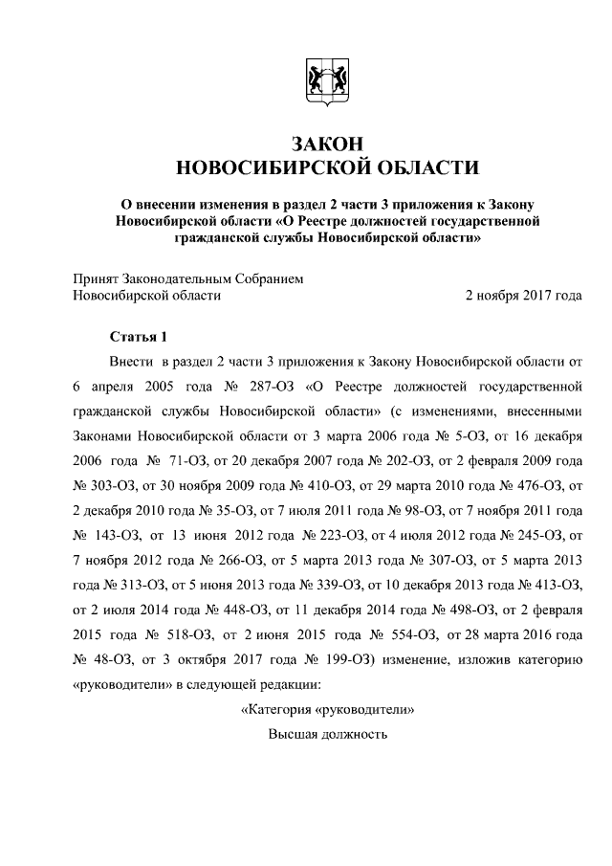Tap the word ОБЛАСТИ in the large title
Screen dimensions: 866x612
(421, 168)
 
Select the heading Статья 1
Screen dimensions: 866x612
(138, 337)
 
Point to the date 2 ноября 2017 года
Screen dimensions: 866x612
(523, 296)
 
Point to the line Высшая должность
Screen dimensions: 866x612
(327, 735)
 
